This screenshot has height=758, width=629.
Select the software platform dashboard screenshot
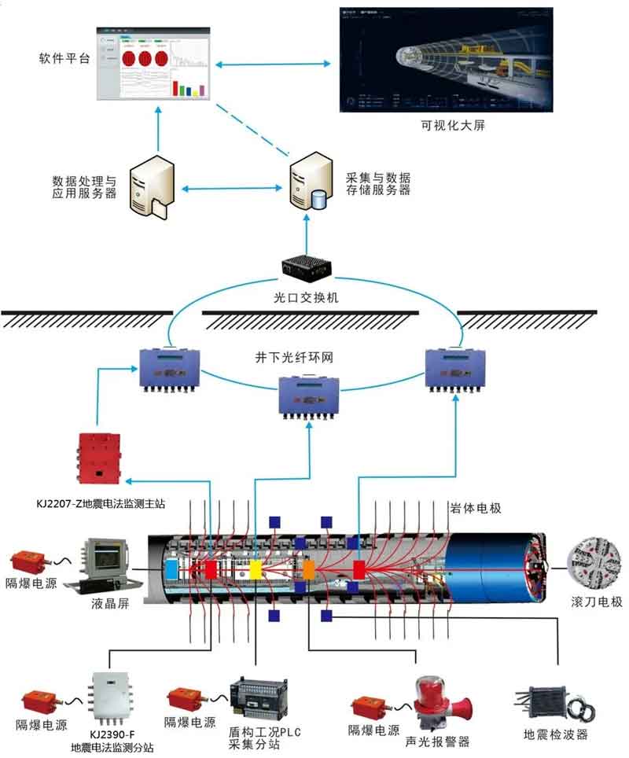[x=155, y=64]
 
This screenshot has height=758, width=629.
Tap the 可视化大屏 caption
[x=447, y=125]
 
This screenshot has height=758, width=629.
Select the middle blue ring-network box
[x=309, y=396]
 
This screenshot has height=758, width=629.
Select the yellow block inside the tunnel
[x=257, y=570]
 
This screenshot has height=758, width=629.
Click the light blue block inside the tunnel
[x=171, y=569]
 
